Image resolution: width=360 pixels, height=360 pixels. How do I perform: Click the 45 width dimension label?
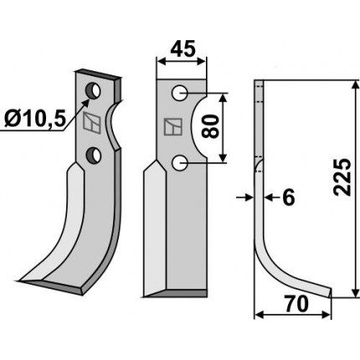tap(182, 49)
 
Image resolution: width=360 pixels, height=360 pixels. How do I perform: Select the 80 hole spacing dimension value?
tap(211, 126)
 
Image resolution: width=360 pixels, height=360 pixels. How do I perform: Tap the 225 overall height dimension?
tap(342, 177)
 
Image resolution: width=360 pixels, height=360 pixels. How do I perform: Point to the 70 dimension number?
tap(296, 304)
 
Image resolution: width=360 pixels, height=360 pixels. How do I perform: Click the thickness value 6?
tap(288, 198)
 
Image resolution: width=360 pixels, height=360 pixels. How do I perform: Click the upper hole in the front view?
tap(180, 93)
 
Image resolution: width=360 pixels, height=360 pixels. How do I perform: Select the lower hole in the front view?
tap(180, 163)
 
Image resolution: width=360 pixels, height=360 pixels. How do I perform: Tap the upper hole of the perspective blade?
tap(93, 90)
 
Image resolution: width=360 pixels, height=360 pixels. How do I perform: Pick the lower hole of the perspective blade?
tap(93, 156)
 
